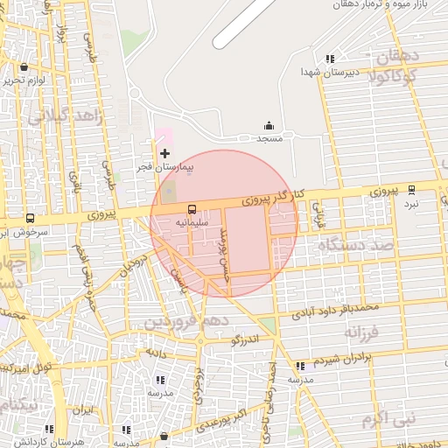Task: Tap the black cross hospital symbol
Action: [x=164, y=153]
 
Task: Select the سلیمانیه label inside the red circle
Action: [x=192, y=222]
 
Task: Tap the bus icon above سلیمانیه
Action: [x=192, y=209]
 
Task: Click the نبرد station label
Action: [x=411, y=203]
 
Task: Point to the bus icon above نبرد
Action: [x=411, y=190]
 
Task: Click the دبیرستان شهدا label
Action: [x=329, y=72]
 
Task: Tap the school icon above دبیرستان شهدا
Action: [x=329, y=59]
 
